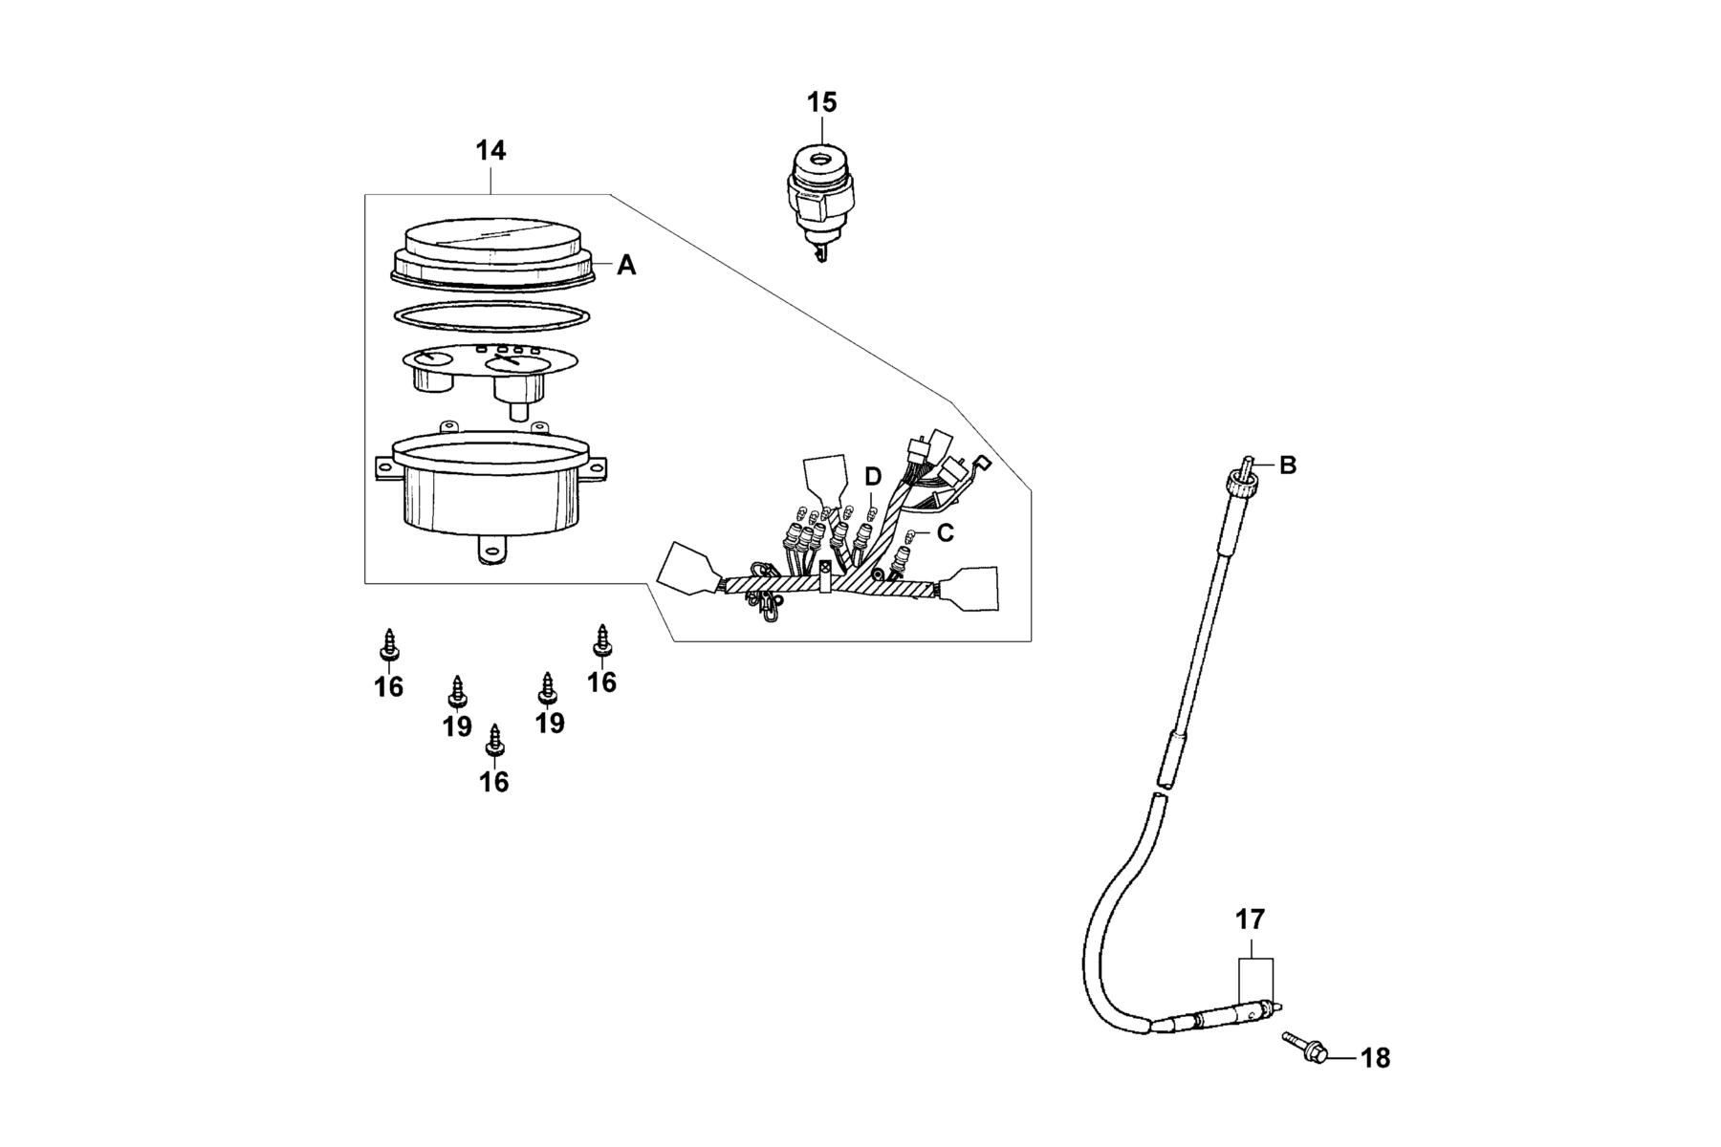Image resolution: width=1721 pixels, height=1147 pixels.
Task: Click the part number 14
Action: [x=490, y=150]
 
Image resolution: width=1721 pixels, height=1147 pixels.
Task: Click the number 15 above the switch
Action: [x=821, y=102]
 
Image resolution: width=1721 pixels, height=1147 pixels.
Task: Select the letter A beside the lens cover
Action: [x=626, y=265]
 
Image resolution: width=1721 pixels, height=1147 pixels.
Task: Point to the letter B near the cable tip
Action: [x=1288, y=465]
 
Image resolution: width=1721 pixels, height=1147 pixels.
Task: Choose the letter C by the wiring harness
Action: [x=945, y=532]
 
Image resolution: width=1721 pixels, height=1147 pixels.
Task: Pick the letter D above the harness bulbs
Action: [x=873, y=476]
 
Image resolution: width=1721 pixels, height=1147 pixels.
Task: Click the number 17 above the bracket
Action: [x=1250, y=920]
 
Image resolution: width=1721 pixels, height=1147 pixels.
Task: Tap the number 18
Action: [x=1375, y=1058]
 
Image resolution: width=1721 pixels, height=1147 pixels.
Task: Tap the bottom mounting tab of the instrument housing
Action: [x=490, y=550]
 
